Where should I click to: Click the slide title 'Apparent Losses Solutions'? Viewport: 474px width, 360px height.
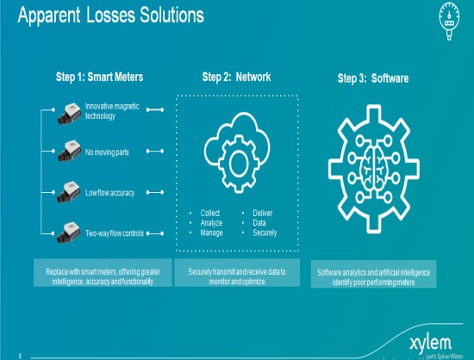click(111, 16)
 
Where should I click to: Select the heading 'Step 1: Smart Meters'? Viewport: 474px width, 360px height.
click(99, 77)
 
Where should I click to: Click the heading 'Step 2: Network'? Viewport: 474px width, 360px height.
click(236, 77)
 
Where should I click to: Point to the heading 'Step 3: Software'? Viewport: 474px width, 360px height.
click(373, 78)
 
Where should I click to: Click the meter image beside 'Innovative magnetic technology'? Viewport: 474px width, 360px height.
click(70, 114)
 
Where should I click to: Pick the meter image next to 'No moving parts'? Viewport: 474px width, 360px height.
click(70, 151)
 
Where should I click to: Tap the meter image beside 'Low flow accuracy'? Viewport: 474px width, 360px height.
click(69, 192)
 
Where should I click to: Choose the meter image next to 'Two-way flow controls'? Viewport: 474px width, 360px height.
click(69, 233)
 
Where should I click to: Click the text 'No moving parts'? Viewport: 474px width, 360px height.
click(107, 152)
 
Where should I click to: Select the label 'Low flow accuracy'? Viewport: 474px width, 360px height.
click(109, 193)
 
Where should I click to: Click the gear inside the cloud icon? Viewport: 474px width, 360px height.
click(239, 164)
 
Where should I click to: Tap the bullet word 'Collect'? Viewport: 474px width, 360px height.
click(210, 213)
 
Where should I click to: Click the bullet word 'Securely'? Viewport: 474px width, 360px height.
click(265, 233)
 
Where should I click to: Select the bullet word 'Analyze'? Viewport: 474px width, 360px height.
click(211, 223)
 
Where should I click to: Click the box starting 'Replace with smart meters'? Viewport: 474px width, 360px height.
click(103, 272)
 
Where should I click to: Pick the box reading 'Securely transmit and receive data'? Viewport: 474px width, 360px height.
click(237, 272)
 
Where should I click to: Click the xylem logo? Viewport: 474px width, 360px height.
click(431, 344)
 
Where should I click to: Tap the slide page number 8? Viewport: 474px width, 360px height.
click(21, 356)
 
